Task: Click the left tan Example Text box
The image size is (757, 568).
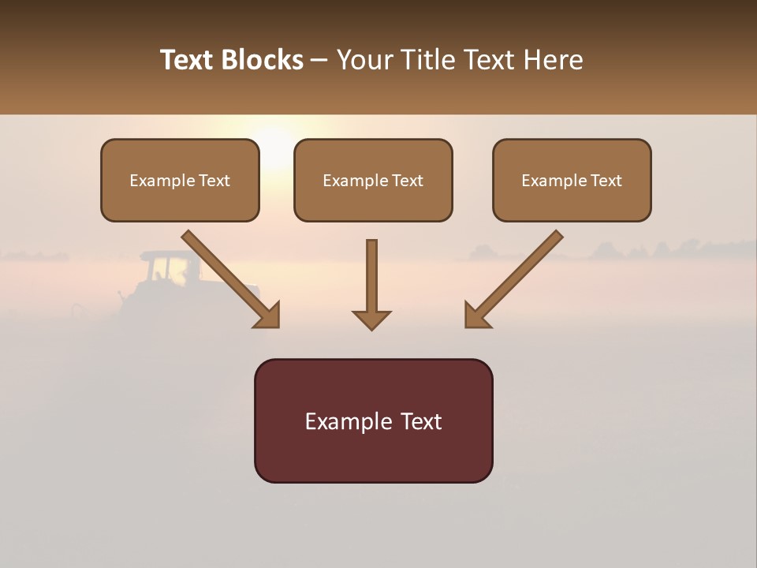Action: (180, 180)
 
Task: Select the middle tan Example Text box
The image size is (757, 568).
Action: (373, 180)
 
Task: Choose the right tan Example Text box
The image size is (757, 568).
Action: (572, 180)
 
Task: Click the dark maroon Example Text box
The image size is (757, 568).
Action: (373, 420)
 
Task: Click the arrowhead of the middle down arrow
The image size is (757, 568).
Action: (371, 319)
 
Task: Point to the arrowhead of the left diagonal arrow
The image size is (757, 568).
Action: (268, 316)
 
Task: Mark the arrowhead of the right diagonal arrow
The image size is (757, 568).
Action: (475, 316)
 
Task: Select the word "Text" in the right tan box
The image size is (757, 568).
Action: (606, 181)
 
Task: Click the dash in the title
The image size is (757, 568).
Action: (319, 60)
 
